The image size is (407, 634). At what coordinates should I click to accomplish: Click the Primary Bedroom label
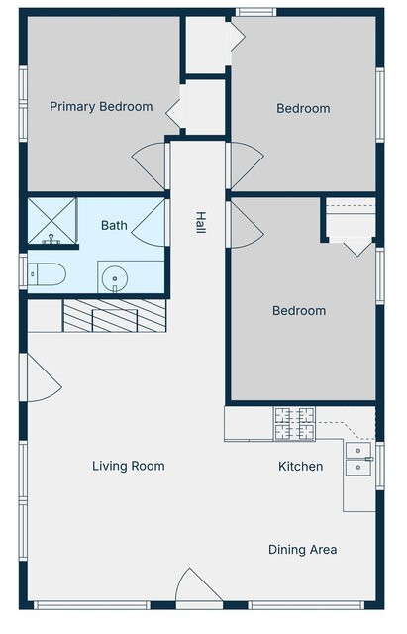point(101,107)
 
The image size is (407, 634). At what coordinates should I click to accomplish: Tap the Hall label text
point(200,222)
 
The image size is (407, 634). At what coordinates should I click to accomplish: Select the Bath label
point(114,225)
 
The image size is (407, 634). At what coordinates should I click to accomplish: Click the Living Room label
point(129,466)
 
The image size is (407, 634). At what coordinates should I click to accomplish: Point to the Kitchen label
point(301,467)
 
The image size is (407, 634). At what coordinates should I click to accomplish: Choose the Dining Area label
point(303,550)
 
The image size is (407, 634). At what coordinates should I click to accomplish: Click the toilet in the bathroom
point(47,274)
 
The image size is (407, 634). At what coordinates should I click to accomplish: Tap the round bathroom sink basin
point(115,278)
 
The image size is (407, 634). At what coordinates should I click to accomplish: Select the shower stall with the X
point(51,221)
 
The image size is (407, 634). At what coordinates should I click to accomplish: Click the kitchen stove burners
point(295,424)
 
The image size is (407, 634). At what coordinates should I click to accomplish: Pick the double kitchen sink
point(358,459)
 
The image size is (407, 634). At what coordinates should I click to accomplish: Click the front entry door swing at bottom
point(199,585)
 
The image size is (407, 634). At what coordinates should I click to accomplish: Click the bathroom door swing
point(150,222)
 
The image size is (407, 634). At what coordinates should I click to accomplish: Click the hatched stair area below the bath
point(115,316)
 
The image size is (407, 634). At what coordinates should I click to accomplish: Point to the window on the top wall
point(255,12)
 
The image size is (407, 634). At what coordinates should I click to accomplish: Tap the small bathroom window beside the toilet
point(23,271)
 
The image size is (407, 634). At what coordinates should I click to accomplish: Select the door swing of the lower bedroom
point(246,225)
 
